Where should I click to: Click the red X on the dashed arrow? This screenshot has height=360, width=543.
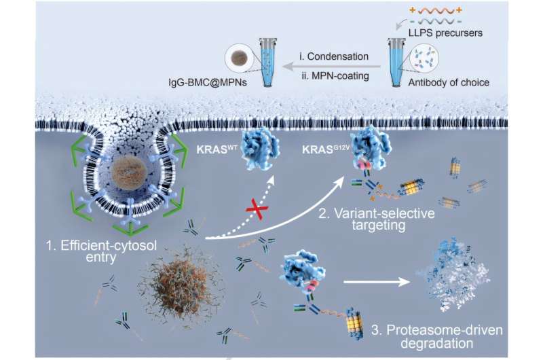click(257, 209)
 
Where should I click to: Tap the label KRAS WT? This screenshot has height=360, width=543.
click(217, 149)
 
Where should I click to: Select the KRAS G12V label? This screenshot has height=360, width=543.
click(324, 149)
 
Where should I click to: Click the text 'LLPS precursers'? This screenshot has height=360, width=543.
click(445, 33)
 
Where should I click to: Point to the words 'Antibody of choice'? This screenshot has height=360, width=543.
click(449, 82)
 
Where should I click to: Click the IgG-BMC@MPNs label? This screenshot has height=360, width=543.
click(208, 82)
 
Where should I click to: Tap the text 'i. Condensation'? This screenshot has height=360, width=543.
click(334, 56)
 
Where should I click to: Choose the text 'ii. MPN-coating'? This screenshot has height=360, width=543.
click(335, 75)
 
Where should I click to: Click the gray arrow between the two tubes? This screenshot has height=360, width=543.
click(331, 66)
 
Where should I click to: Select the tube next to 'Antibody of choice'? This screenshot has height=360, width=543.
click(396, 62)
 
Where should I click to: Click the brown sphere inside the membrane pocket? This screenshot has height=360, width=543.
click(129, 173)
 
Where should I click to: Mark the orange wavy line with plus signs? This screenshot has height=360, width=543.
click(436, 11)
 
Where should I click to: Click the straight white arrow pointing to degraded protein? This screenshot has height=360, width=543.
click(377, 282)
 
